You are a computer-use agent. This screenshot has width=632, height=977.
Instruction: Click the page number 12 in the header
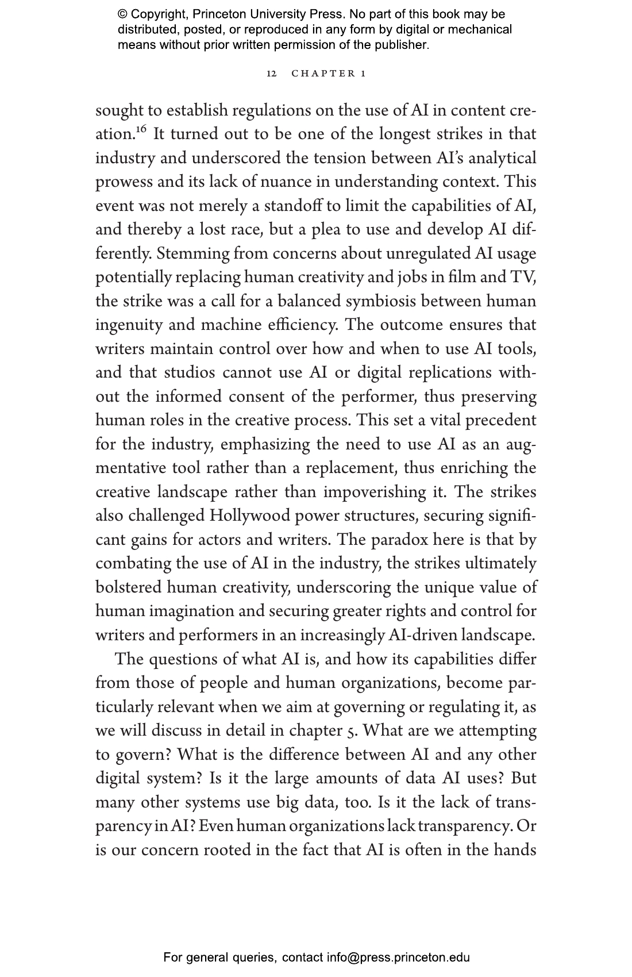[272, 74]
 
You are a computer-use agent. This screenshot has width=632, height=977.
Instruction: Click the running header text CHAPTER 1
[329, 74]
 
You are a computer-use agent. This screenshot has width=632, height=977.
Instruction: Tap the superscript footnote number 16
[142, 129]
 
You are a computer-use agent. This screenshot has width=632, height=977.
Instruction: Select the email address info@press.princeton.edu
[398, 957]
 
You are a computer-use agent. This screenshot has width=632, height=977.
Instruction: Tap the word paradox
[400, 540]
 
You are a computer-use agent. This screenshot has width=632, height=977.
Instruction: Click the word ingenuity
[129, 326]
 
